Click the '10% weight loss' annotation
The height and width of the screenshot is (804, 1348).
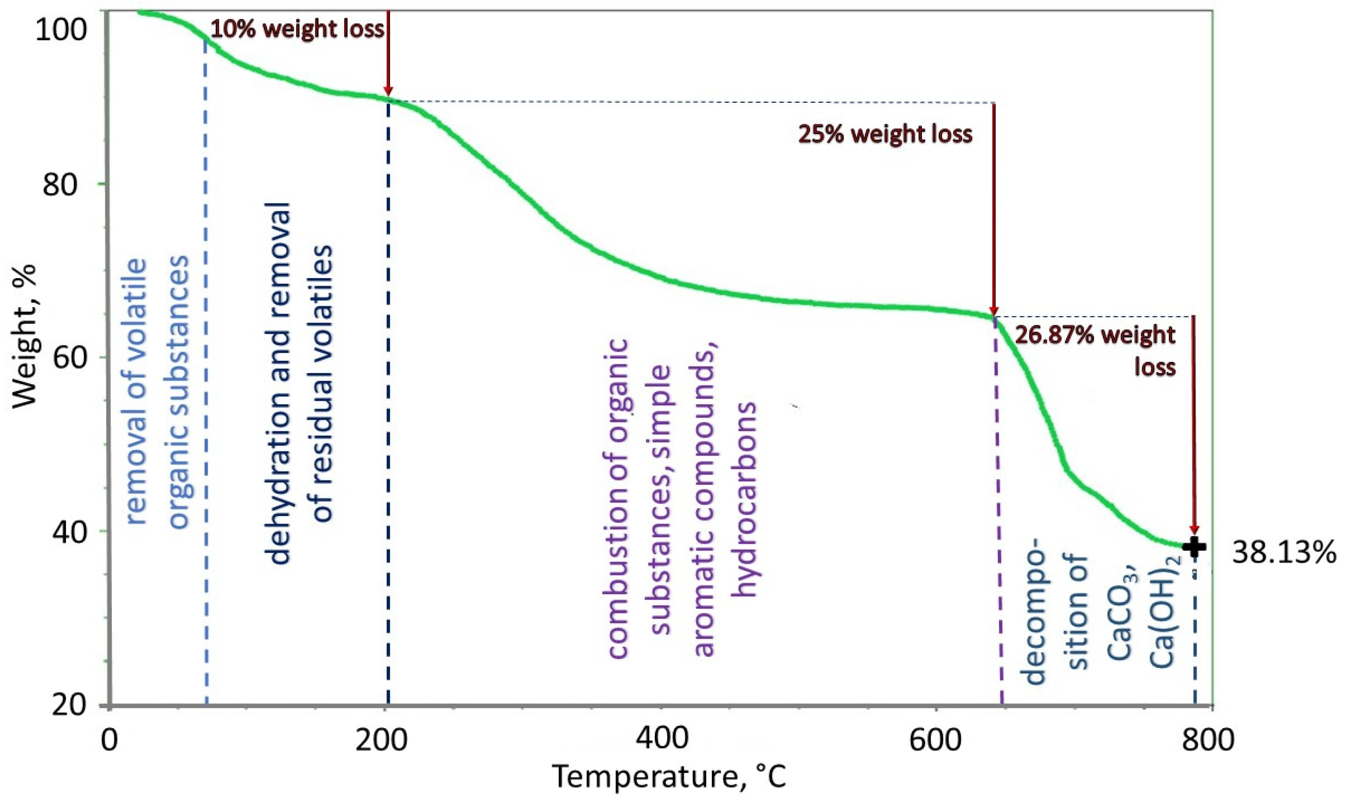pos(297,29)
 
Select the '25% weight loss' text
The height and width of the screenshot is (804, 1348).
pos(885,134)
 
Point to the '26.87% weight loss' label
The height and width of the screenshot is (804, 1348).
pos(1095,350)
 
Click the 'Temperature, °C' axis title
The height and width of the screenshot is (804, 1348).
pos(669,778)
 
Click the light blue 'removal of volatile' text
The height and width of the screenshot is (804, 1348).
pos(137,393)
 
